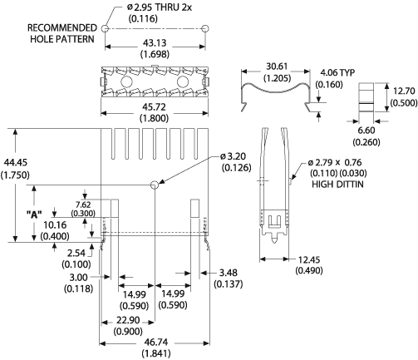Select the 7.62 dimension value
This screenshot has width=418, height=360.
(x=83, y=209)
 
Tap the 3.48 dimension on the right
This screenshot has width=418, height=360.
(x=225, y=278)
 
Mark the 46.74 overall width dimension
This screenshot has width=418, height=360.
(x=155, y=347)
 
